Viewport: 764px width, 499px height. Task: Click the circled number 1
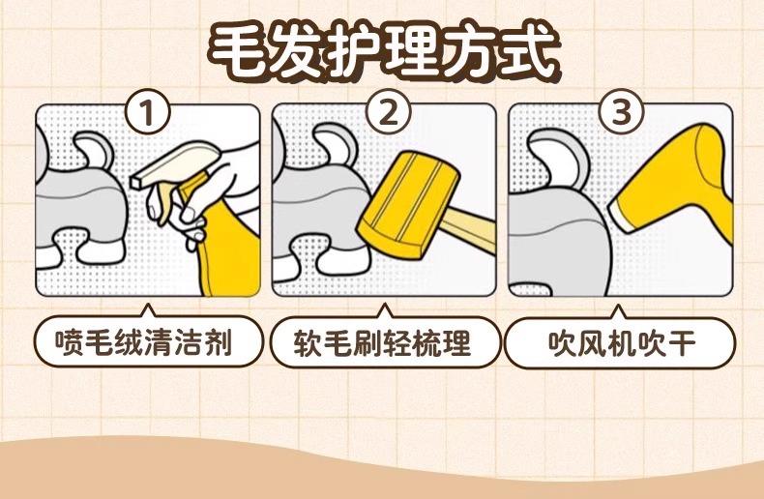pyautogui.click(x=148, y=112)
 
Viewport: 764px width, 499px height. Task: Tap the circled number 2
pyautogui.click(x=389, y=112)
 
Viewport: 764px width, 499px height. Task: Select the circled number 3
pyautogui.click(x=621, y=112)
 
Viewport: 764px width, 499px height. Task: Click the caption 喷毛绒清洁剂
pyautogui.click(x=142, y=342)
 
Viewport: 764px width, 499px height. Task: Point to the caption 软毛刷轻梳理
pyautogui.click(x=383, y=342)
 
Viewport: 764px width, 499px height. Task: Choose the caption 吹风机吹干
pyautogui.click(x=621, y=342)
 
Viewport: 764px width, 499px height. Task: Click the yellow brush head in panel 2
pyautogui.click(x=408, y=204)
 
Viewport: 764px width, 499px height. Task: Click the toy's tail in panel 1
pyautogui.click(x=95, y=150)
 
